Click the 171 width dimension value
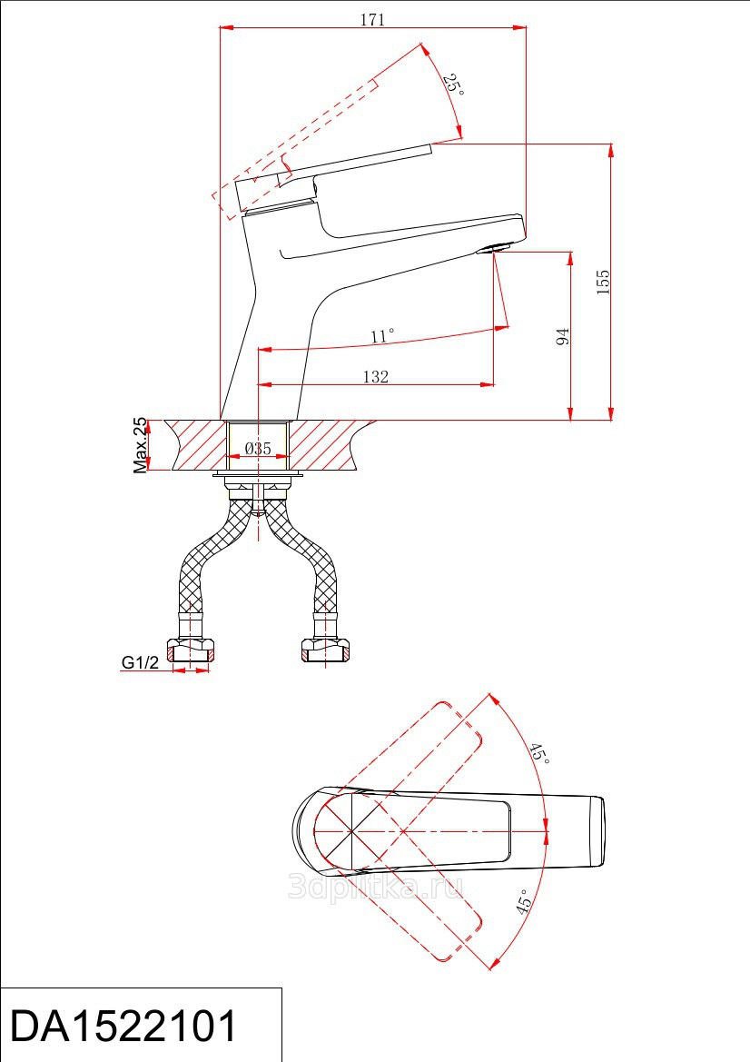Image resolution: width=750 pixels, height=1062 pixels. click(372, 20)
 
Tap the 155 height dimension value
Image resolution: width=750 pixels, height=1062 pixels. click(602, 282)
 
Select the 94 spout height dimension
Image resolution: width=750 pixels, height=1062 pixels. click(563, 337)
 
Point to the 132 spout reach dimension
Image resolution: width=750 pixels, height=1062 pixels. click(376, 377)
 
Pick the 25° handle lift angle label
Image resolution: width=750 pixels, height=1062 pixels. click(454, 84)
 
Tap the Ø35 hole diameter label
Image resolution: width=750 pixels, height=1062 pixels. click(258, 449)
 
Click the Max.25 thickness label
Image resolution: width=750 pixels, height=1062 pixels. click(140, 445)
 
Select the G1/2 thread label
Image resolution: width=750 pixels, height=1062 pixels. click(140, 661)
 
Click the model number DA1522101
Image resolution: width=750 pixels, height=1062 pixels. click(123, 1026)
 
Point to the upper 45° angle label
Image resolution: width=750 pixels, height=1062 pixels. click(538, 752)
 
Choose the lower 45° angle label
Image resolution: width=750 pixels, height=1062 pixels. click(522, 902)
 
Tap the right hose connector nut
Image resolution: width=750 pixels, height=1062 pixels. click(325, 650)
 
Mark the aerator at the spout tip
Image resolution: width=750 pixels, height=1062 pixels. click(494, 248)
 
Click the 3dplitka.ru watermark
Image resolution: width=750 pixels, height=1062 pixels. click(376, 886)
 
